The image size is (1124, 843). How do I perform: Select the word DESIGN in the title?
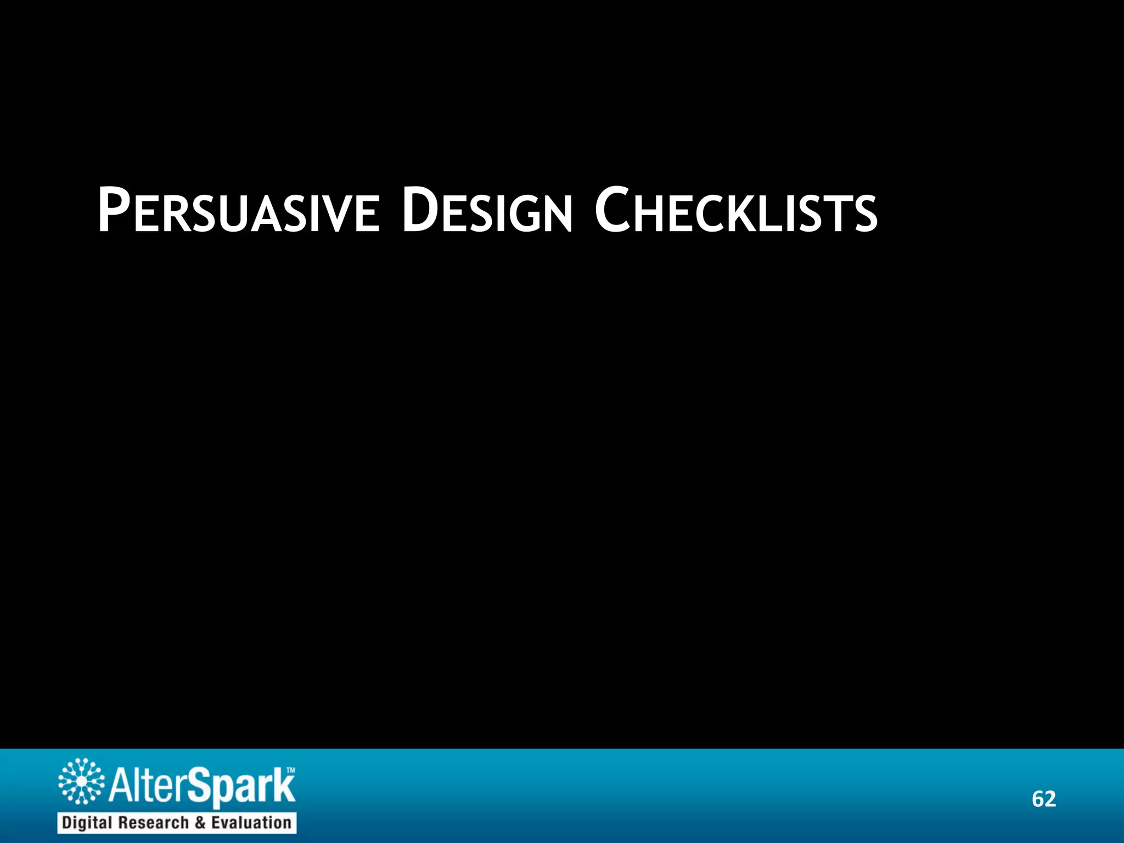pyautogui.click(x=487, y=212)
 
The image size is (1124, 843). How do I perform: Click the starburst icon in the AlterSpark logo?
pyautogui.click(x=81, y=781)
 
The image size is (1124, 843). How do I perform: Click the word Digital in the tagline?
pyautogui.click(x=88, y=822)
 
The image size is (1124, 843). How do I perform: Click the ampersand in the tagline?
pyautogui.click(x=201, y=822)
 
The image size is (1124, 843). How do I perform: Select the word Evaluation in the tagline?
pyautogui.click(x=251, y=822)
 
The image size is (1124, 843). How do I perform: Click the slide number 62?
pyautogui.click(x=1043, y=799)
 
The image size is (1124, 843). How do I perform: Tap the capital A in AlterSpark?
pyautogui.click(x=120, y=786)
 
